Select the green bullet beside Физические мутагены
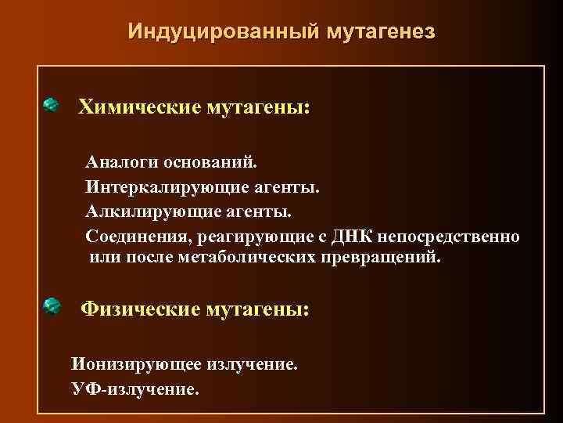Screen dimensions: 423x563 52,306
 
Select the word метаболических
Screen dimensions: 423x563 246,258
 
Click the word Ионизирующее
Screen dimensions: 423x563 136,364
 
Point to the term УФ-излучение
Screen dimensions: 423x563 134,387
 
